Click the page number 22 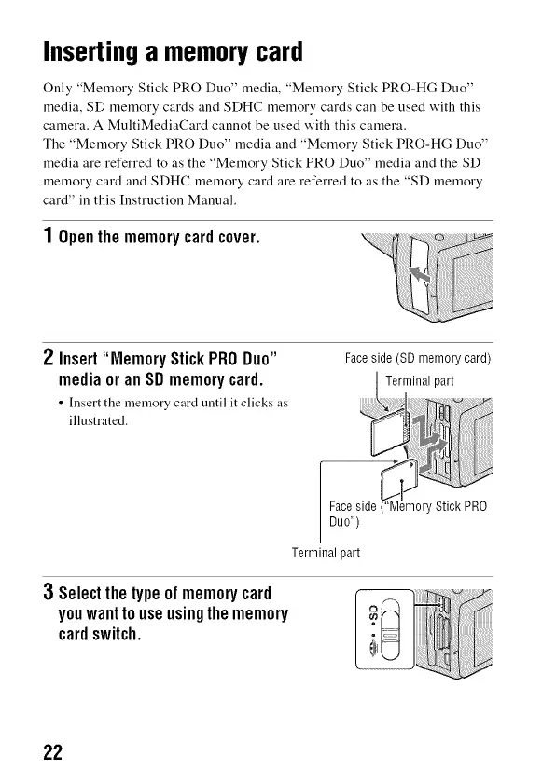click(x=53, y=752)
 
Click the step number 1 click(x=48, y=235)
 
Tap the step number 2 click(x=48, y=358)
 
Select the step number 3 click(x=48, y=592)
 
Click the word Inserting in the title click(x=90, y=53)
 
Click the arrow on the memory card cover click(x=419, y=275)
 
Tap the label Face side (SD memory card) click(x=418, y=359)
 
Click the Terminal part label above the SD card click(x=420, y=381)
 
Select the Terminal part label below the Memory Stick click(x=326, y=553)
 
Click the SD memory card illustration click(x=391, y=433)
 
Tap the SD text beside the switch click(x=372, y=612)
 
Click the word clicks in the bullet click(x=254, y=403)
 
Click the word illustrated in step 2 click(x=98, y=420)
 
